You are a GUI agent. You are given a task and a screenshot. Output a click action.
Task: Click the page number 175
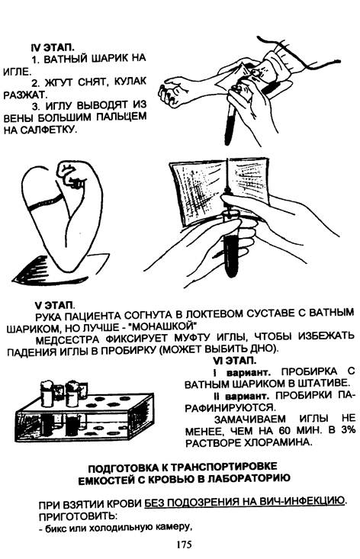point(183,545)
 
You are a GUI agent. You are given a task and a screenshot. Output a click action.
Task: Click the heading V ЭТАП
point(55,305)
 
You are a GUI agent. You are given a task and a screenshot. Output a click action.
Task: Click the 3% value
point(349,430)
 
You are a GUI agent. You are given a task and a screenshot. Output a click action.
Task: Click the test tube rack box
point(85,414)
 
